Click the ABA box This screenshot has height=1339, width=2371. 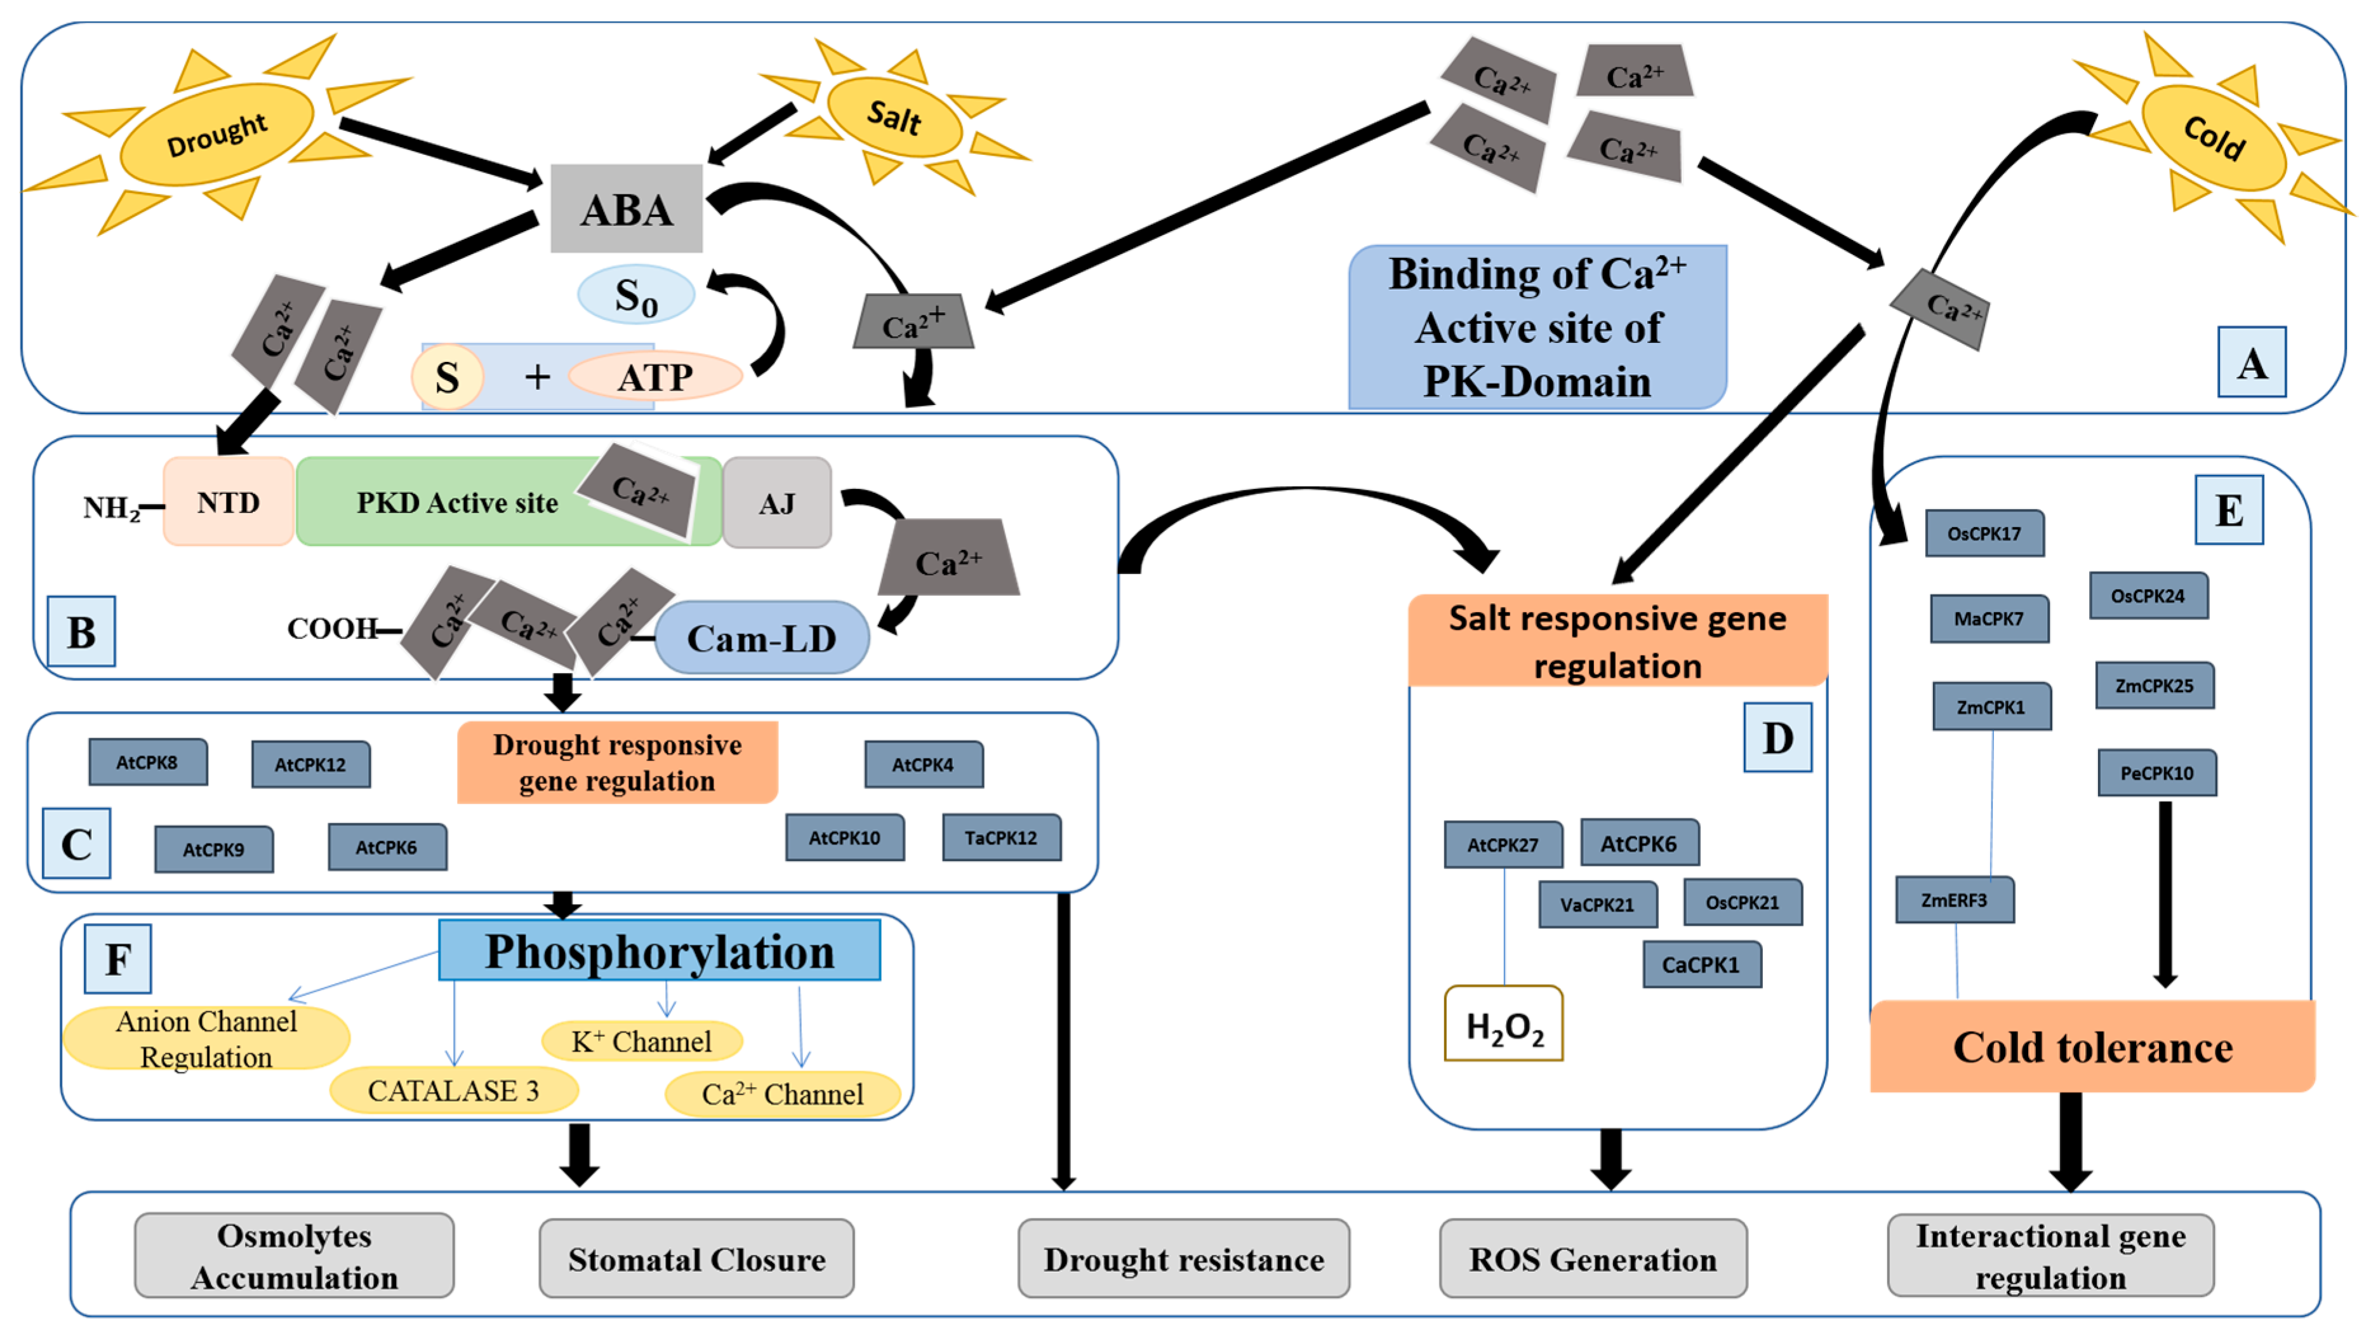(626, 209)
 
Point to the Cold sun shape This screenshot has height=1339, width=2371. (2214, 137)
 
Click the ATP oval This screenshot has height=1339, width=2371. (654, 376)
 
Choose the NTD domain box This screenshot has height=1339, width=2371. (229, 502)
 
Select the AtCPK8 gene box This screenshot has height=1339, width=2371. (147, 762)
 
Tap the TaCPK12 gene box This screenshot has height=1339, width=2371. (1002, 837)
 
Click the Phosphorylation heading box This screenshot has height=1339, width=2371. (659, 950)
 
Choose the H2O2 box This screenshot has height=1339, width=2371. (1504, 1024)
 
